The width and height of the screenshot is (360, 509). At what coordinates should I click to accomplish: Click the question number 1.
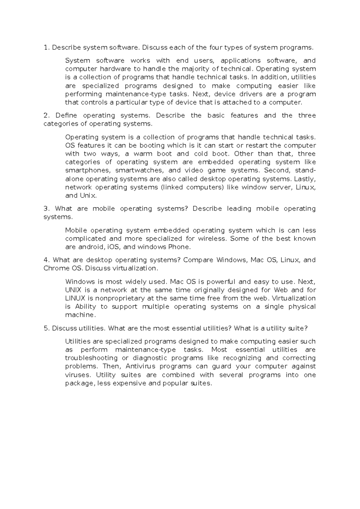point(46,47)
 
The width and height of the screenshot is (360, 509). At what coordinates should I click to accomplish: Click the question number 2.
point(46,116)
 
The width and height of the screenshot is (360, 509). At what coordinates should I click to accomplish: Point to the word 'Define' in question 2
point(66,116)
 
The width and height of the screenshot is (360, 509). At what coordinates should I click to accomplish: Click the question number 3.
point(46,209)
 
